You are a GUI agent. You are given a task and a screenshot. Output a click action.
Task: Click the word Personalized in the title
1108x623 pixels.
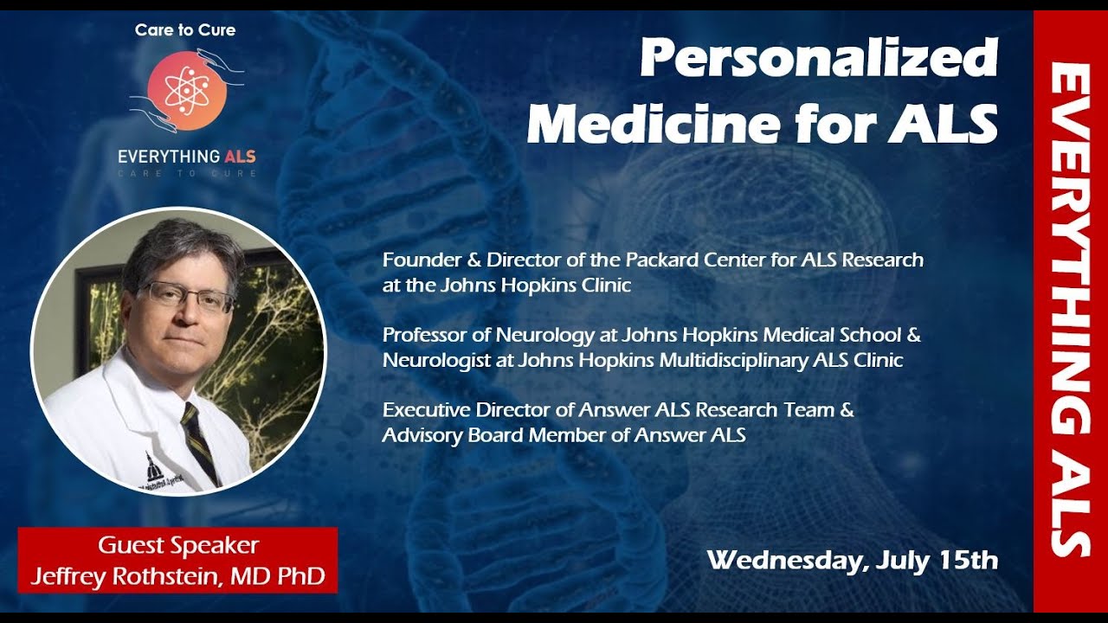click(818, 61)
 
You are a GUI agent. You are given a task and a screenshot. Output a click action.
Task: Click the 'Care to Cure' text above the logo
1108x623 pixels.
click(185, 30)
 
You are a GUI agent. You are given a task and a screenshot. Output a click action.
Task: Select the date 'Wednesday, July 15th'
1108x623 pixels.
click(852, 560)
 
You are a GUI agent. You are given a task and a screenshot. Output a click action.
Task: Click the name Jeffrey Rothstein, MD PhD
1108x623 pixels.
click(177, 575)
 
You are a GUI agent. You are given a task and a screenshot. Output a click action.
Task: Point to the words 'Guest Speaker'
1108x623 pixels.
click(177, 546)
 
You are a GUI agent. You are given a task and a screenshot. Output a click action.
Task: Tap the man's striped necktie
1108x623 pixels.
click(199, 441)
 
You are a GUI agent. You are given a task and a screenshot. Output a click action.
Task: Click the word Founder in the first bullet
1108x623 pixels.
click(418, 260)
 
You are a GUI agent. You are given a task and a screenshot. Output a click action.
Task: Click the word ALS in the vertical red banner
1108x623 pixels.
click(1070, 502)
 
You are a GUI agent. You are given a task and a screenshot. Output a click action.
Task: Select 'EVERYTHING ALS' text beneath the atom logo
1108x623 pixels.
click(186, 157)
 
